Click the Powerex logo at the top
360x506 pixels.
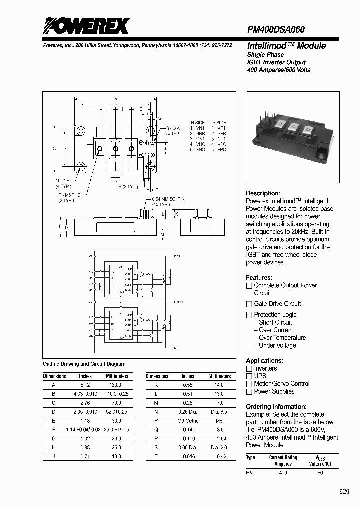tap(86, 25)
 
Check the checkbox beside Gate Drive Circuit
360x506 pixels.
tap(249, 304)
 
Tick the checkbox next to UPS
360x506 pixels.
tap(249, 376)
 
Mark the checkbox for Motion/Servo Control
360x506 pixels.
tap(249, 384)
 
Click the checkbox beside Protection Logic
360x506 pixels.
tap(249, 315)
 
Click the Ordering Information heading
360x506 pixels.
tap(276, 407)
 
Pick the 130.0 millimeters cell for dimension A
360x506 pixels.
tap(115, 385)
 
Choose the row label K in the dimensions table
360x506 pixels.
tap(157, 385)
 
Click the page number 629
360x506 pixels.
tap(345, 491)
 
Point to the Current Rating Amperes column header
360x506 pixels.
tap(283, 461)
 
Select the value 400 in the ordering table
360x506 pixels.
tap(283, 472)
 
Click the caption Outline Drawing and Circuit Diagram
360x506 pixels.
tap(84, 364)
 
